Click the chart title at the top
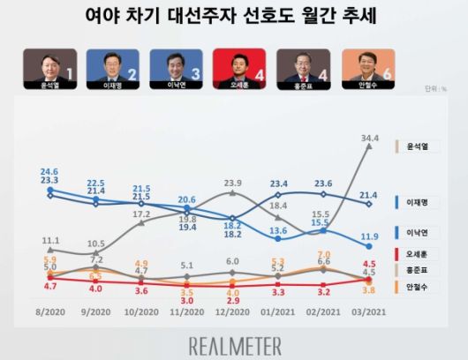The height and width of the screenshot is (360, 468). [x=235, y=17]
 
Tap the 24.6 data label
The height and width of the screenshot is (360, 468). [x=49, y=172]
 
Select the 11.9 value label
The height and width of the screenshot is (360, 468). [x=372, y=236]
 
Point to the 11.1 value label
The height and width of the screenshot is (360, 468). [x=50, y=240]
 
